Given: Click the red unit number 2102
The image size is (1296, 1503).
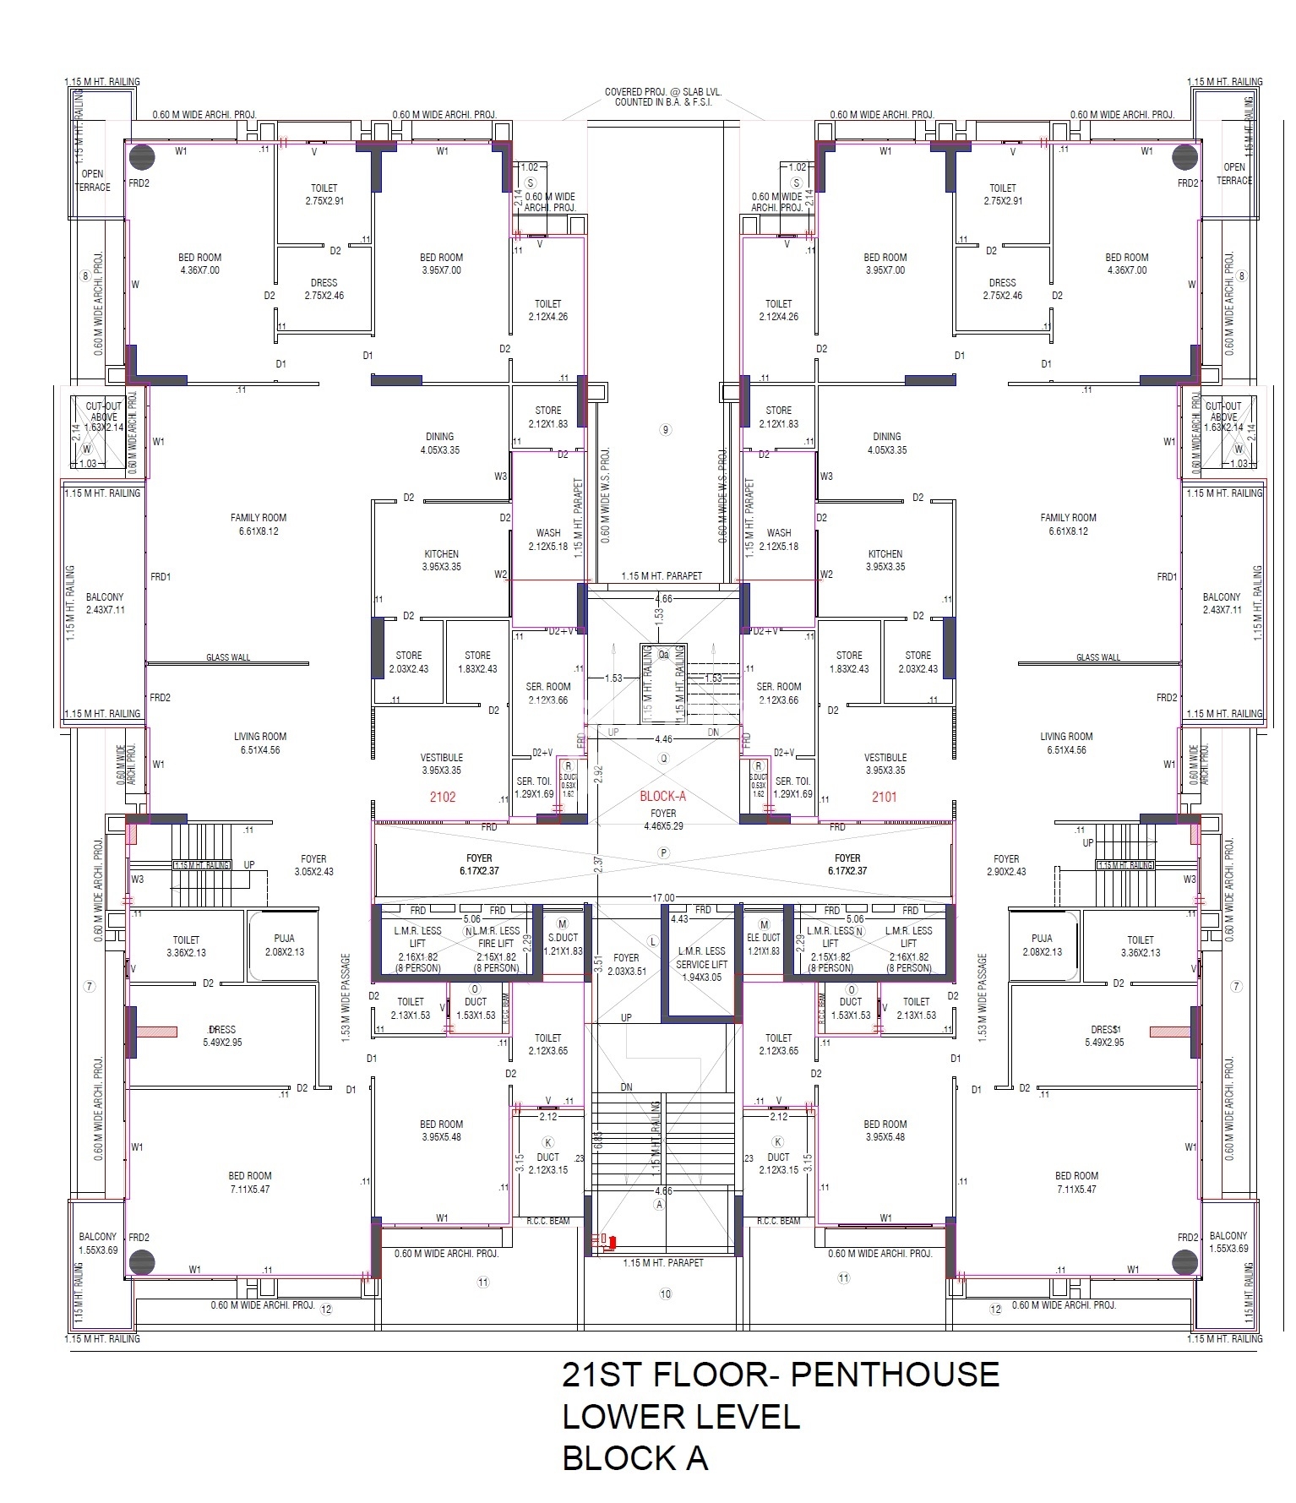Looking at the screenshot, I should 442,797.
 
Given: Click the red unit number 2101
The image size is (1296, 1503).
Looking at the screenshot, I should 885,797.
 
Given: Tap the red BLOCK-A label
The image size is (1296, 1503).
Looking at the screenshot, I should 662,797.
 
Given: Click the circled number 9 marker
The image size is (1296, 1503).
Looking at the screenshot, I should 666,430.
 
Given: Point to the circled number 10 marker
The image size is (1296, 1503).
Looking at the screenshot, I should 666,1294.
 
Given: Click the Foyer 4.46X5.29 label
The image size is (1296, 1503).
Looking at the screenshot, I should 663,820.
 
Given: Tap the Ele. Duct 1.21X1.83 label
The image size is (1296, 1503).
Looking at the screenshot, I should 764,944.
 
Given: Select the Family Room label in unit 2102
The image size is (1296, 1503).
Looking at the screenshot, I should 259,525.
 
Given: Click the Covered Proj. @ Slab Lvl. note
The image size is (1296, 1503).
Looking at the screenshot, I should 663,97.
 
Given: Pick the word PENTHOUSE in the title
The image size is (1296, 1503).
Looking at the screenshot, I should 895,1375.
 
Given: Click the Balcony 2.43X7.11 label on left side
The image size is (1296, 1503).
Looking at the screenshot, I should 105,603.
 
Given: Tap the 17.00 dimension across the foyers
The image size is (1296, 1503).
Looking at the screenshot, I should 663,897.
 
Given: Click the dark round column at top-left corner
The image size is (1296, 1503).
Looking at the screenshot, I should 141,157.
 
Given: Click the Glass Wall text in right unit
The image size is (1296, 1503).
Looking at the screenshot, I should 1097,657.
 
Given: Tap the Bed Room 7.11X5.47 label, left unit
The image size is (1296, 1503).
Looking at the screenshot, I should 249,1182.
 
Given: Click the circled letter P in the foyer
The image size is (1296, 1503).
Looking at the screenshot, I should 664,853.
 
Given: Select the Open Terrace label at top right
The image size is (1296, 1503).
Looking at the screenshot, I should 1234,173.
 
